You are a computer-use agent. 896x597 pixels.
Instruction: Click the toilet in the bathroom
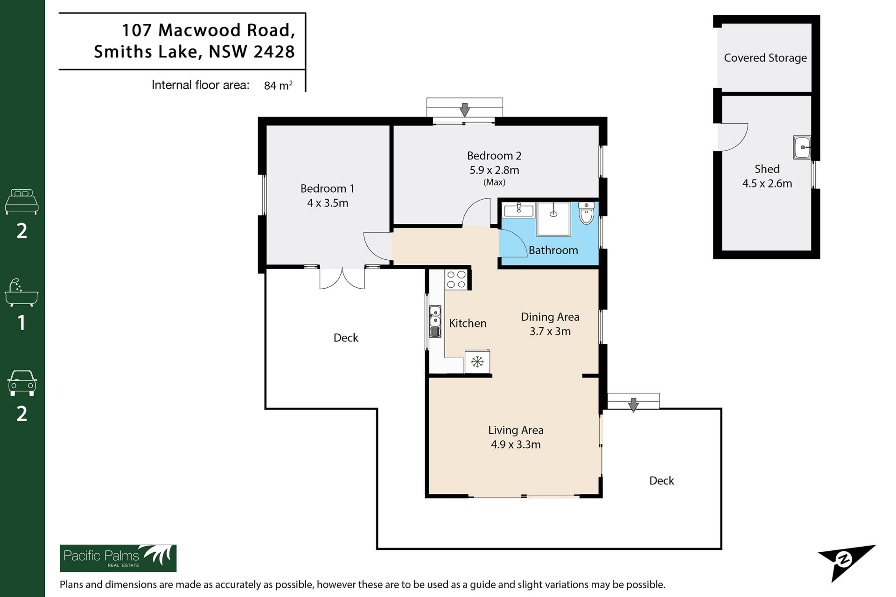[x=586, y=213]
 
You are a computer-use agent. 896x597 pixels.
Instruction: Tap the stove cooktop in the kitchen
[x=456, y=279]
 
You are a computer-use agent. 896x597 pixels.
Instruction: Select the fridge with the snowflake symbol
[x=477, y=361]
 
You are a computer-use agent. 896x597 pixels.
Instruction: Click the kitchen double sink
[x=435, y=321]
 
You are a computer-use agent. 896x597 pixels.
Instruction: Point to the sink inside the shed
[x=802, y=147]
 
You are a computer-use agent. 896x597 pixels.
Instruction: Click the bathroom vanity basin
[x=518, y=210]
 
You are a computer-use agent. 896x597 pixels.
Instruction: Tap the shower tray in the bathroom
[x=553, y=219]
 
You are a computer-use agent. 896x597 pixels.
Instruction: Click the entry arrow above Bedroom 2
[x=464, y=110]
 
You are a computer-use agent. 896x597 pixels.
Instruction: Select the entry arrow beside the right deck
[x=633, y=405]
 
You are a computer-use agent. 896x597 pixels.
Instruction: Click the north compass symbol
[x=846, y=561]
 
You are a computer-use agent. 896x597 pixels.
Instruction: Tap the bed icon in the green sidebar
[x=21, y=201]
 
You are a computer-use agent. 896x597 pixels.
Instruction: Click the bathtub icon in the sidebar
[x=21, y=292]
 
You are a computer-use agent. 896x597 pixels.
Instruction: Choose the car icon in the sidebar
[x=21, y=383]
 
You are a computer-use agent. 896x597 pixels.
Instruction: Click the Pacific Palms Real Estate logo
[x=118, y=558]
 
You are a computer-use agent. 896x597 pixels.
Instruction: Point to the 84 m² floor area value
[x=278, y=85]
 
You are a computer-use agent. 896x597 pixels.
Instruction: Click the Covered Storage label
[x=765, y=58]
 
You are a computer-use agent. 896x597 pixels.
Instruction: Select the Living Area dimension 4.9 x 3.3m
[x=516, y=444]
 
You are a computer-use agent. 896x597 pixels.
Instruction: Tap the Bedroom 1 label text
[x=327, y=188]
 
